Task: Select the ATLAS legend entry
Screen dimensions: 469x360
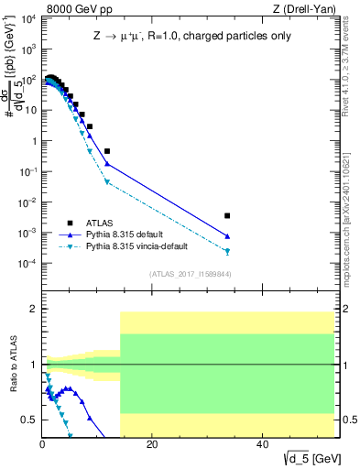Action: [x=102, y=222]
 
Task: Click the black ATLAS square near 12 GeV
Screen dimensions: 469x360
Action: [x=107, y=151]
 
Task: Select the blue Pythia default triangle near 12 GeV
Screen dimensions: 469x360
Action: [x=107, y=164]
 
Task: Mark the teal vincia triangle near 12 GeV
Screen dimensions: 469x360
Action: [x=107, y=182]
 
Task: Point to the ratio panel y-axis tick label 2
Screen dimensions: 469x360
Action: [x=34, y=309]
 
